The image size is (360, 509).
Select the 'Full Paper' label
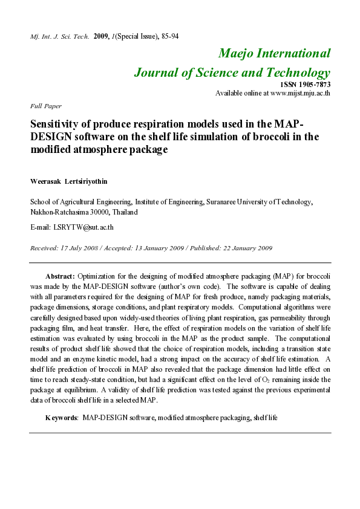click(x=41, y=106)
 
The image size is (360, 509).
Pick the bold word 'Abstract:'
click(x=61, y=275)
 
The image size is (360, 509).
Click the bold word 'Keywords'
click(x=61, y=418)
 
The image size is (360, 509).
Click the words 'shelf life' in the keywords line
click(x=264, y=418)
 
